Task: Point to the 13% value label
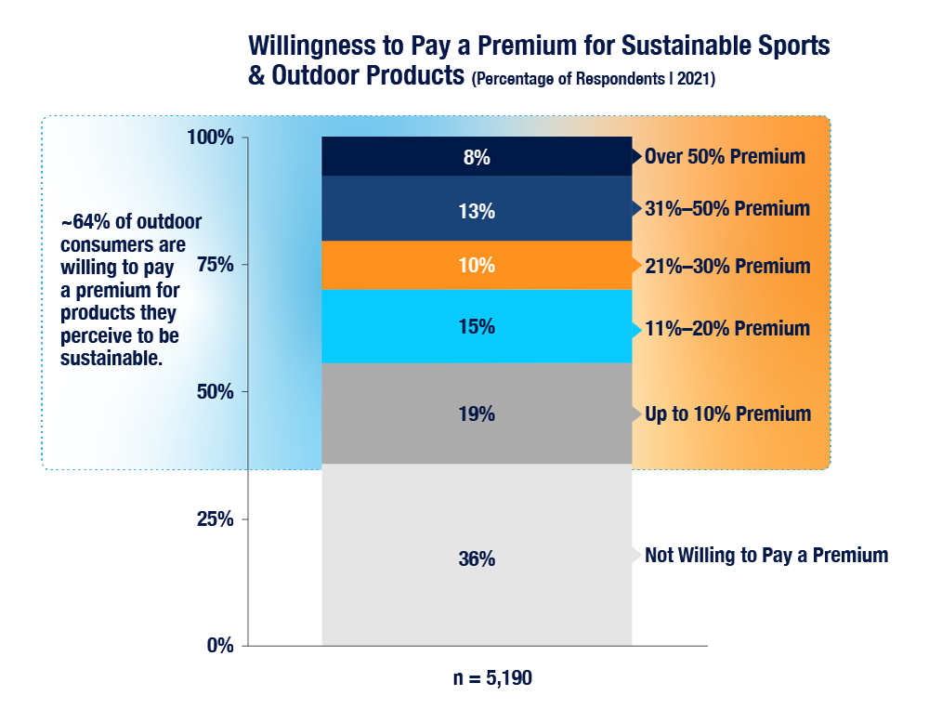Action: [477, 212]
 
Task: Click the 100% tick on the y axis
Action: [212, 138]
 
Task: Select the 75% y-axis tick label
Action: [216, 265]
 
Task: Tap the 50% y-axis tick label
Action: [216, 391]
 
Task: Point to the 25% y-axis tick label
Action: [216, 519]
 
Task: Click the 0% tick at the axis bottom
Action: [219, 645]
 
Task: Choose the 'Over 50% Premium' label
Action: [725, 156]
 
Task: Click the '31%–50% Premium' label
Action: [727, 209]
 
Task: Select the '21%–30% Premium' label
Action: [727, 267]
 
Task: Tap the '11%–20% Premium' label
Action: [727, 329]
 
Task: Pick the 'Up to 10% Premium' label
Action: [727, 414]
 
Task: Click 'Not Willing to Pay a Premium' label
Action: [766, 556]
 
